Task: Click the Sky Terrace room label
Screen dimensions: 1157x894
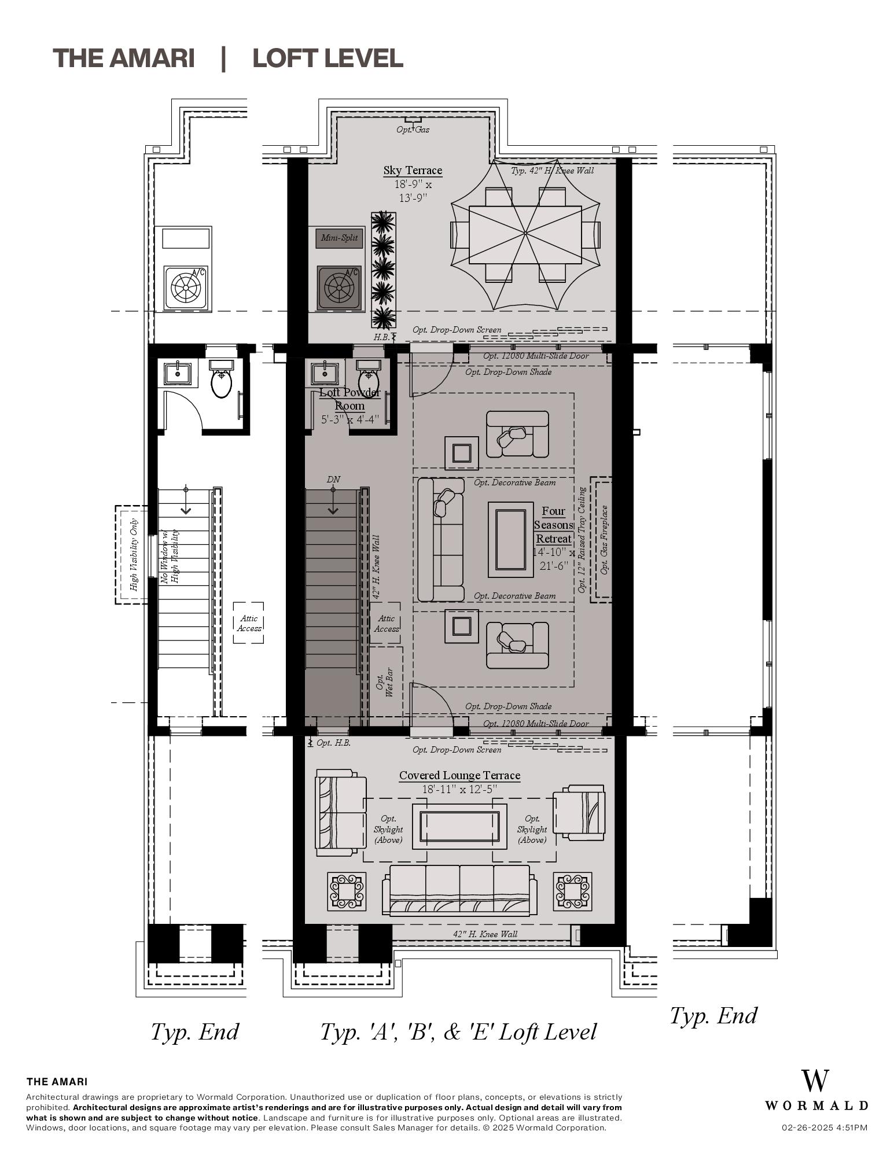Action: (413, 170)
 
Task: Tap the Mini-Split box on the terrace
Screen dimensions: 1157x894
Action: (339, 238)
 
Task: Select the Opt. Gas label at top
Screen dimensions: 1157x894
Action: (413, 130)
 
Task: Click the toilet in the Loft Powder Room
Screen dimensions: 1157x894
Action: (369, 382)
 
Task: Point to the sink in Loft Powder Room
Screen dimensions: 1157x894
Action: (325, 374)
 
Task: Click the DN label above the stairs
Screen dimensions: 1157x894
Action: (333, 480)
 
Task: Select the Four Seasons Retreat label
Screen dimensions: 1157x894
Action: (553, 525)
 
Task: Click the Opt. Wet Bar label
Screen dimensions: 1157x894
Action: (385, 682)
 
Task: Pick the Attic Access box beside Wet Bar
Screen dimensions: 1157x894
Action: (386, 624)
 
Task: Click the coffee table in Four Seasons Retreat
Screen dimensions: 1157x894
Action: (510, 539)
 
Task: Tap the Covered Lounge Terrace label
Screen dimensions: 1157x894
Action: (459, 776)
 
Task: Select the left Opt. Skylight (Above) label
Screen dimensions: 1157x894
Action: (388, 829)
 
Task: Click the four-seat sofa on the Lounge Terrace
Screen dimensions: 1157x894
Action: (459, 891)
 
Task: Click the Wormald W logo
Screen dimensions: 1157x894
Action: (815, 1081)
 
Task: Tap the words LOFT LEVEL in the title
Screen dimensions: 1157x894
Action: (328, 58)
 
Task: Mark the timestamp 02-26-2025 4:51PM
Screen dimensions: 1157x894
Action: (825, 1127)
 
